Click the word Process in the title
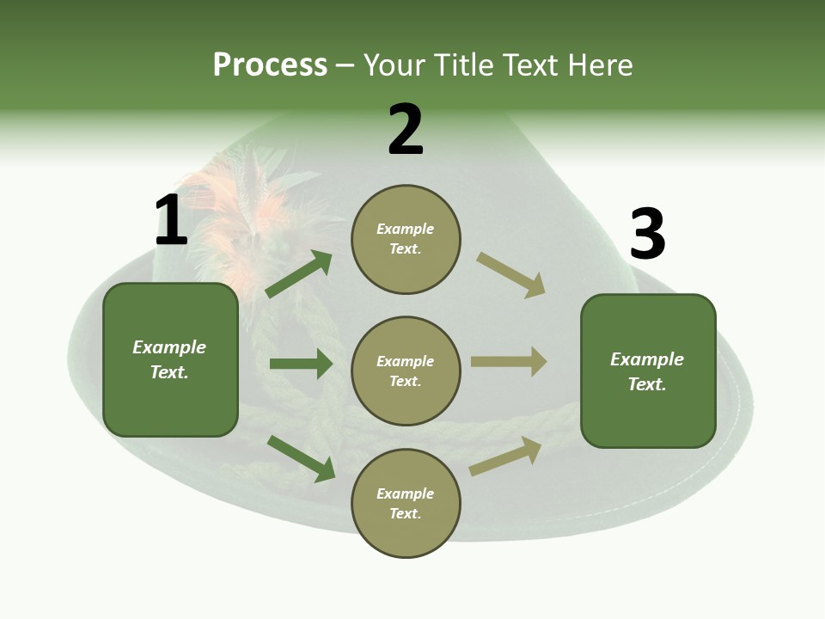click(270, 65)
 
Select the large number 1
click(171, 220)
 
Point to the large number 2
click(406, 130)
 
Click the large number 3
click(647, 235)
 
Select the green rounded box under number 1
click(170, 359)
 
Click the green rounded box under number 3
click(648, 371)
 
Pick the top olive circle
click(406, 239)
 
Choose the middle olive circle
click(406, 371)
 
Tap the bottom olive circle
click(406, 504)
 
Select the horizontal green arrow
click(301, 364)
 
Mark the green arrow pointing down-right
click(301, 458)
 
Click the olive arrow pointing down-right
click(510, 274)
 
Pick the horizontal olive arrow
click(509, 361)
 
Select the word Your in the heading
click(396, 65)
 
